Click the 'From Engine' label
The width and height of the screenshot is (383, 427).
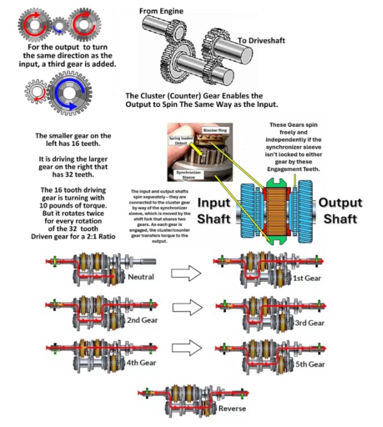click(x=161, y=11)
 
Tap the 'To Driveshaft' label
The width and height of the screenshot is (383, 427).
click(x=261, y=41)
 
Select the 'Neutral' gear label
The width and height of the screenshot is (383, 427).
click(x=141, y=277)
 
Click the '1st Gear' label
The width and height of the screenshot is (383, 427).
click(x=307, y=278)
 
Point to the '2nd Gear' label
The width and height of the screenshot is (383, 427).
click(x=142, y=320)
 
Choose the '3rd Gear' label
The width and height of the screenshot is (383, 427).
click(x=310, y=323)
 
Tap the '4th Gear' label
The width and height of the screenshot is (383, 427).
click(x=141, y=363)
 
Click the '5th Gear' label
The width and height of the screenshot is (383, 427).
click(x=310, y=364)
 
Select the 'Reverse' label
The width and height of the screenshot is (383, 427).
click(x=232, y=408)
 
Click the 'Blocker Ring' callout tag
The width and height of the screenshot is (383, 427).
click(x=215, y=130)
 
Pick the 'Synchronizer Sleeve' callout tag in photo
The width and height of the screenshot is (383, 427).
click(x=189, y=175)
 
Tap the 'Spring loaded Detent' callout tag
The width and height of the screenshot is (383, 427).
click(x=181, y=140)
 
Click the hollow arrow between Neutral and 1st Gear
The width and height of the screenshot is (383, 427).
click(x=186, y=274)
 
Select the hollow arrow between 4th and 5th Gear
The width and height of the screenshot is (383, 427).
click(x=187, y=348)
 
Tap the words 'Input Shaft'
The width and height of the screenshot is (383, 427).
click(x=214, y=211)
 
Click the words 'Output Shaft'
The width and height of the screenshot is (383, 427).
click(x=340, y=211)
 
